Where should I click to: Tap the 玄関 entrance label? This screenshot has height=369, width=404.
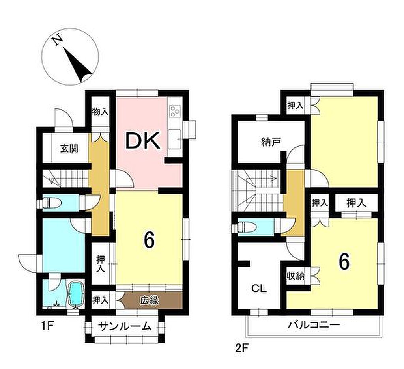[69, 148]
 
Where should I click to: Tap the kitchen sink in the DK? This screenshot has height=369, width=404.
[174, 139]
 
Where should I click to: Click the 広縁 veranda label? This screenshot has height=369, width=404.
[149, 300]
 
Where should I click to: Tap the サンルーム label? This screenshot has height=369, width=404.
[124, 326]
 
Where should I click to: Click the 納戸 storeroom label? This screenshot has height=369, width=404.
[271, 142]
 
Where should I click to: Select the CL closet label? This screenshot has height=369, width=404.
[259, 289]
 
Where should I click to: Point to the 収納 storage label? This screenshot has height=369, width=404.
[296, 276]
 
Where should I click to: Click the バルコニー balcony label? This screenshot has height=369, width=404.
[314, 324]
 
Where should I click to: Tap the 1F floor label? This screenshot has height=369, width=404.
[48, 326]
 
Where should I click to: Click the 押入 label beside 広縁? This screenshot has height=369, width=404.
[100, 300]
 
